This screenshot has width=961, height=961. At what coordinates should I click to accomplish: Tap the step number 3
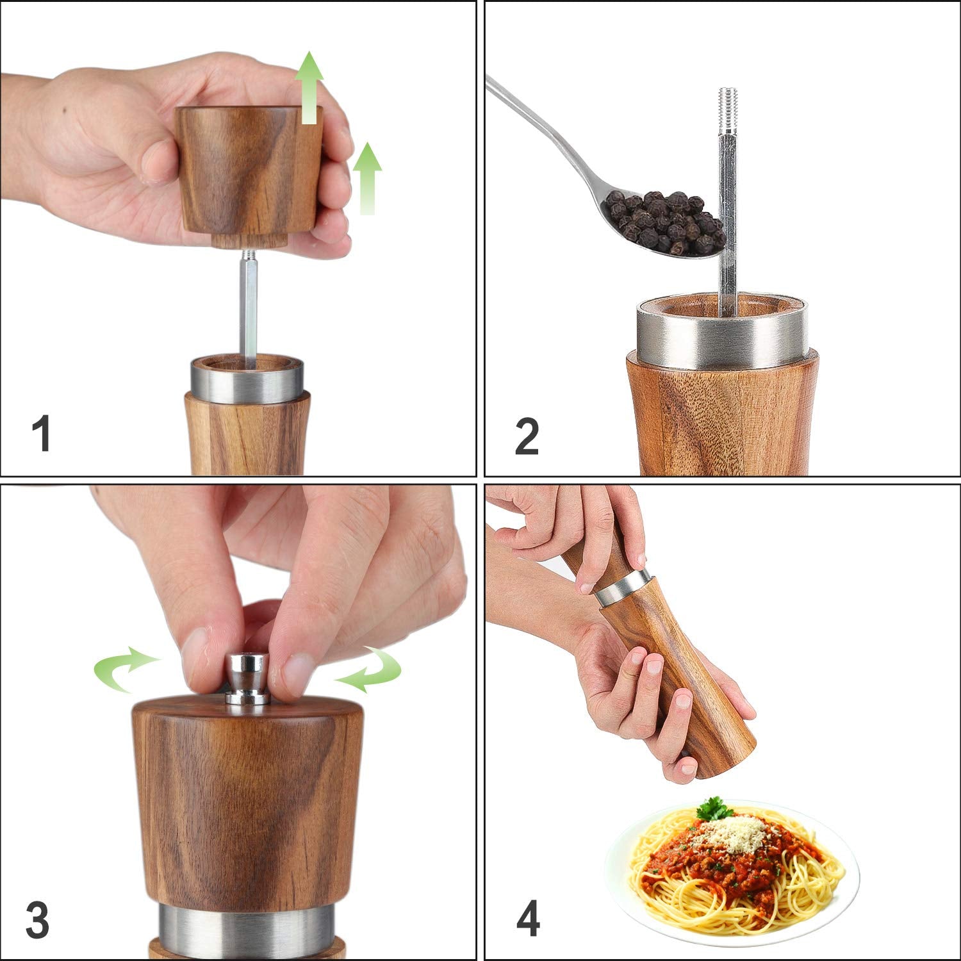(37, 920)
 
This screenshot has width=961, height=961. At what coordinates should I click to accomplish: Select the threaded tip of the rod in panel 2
(728, 109)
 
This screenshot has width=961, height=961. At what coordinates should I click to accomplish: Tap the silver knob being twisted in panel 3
(248, 679)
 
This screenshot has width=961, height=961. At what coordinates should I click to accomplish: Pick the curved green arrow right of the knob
(372, 669)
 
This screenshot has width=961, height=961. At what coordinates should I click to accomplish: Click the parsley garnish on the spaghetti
(714, 809)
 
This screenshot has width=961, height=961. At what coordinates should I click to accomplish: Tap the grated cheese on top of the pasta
(737, 833)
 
